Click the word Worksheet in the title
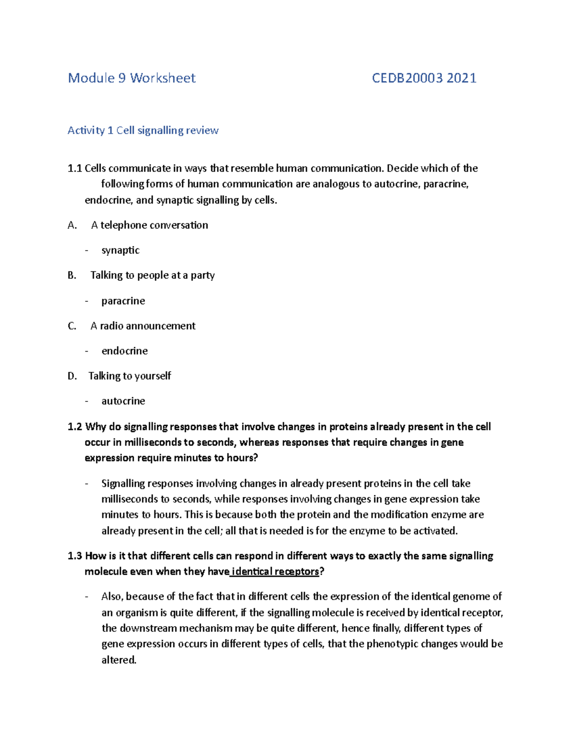click(x=163, y=78)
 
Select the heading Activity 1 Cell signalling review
click(x=143, y=130)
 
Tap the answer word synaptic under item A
click(x=120, y=250)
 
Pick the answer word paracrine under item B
click(x=123, y=301)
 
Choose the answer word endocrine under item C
click(x=125, y=351)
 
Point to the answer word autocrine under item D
click(x=123, y=401)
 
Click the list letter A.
click(x=72, y=225)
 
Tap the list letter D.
click(x=72, y=376)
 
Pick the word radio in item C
click(x=111, y=326)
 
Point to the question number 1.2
click(x=75, y=427)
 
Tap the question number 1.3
click(x=75, y=556)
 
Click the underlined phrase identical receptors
click(x=275, y=572)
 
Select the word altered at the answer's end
click(x=119, y=660)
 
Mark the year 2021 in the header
click(x=461, y=78)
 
